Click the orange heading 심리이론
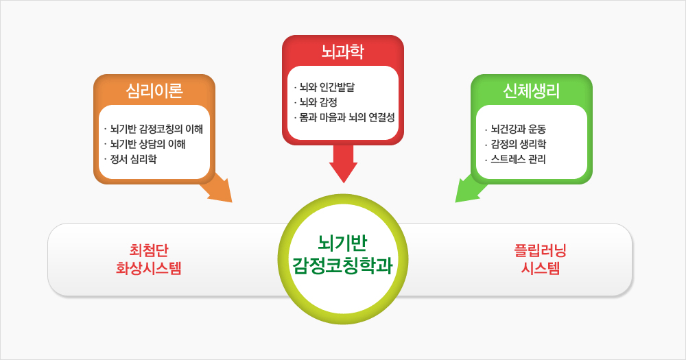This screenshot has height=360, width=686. [x=154, y=91]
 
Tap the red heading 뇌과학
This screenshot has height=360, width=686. [x=342, y=51]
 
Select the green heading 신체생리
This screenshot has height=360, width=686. [x=531, y=91]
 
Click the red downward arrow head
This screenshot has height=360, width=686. [x=344, y=172]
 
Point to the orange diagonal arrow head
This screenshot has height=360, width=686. [x=221, y=191]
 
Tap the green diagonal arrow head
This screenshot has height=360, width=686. [x=466, y=191]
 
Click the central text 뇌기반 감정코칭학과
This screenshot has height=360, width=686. [x=342, y=254]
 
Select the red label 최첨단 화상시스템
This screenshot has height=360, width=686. [x=149, y=259]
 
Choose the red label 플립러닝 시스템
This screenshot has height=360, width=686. [x=541, y=259]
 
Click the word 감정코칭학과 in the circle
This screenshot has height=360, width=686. [x=342, y=265]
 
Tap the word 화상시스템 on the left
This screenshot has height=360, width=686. [x=149, y=268]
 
